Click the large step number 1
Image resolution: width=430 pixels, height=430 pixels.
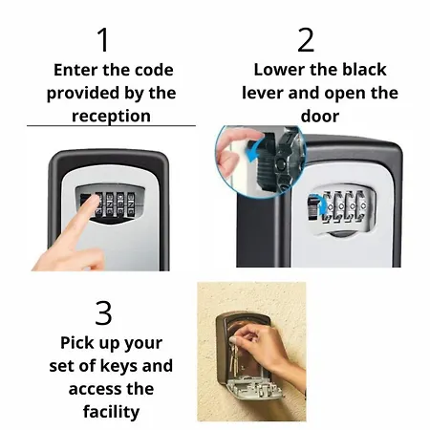103,39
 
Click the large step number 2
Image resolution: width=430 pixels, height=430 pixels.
306,39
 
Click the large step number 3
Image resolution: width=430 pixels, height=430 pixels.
103,312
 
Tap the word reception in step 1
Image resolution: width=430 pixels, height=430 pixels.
111,116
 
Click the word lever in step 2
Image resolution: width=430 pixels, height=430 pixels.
263,93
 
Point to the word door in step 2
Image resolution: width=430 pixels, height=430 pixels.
320,116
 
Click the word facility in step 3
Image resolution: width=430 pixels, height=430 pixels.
111,412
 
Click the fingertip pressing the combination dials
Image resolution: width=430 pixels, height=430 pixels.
94,200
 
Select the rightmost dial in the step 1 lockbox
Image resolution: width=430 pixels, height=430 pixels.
131,204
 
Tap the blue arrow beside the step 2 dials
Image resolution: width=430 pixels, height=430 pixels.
321,204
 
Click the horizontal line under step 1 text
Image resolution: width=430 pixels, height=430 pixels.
111,126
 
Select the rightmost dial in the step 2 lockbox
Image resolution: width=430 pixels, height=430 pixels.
362,206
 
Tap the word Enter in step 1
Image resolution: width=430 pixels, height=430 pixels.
75,70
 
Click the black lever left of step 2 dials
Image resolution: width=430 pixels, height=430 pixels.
313,207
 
